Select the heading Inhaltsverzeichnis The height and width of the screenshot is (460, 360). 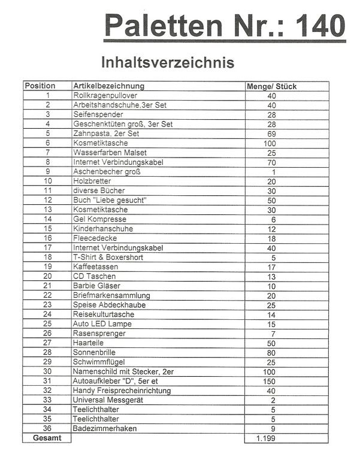click(x=167, y=62)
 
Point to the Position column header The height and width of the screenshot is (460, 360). click(x=40, y=86)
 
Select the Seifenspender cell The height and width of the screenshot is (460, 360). click(x=98, y=114)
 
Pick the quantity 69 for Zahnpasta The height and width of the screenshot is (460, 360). click(x=271, y=134)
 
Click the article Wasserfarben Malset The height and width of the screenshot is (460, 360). click(x=110, y=153)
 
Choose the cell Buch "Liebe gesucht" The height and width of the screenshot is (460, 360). click(x=110, y=200)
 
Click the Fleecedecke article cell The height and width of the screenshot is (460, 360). click(x=95, y=238)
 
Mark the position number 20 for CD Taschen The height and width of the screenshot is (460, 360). click(x=48, y=276)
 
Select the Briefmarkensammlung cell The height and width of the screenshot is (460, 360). click(x=111, y=295)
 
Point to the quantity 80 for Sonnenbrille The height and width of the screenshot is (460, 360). click(x=271, y=352)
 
